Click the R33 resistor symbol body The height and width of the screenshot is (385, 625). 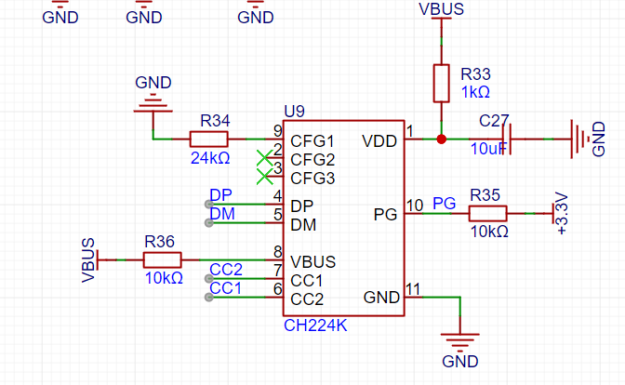coord(441,84)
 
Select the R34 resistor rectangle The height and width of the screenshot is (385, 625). coord(208,139)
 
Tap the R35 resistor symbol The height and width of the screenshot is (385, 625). coord(487,214)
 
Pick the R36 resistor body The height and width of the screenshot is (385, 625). coord(162,259)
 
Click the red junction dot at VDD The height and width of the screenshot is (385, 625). coord(441,139)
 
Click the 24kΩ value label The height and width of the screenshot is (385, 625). coord(210,158)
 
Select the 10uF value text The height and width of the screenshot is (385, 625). coord(488,149)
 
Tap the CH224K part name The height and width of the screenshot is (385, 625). coord(315,325)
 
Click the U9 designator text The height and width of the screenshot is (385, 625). coord(294,112)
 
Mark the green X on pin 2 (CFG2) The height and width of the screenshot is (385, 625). coord(265,158)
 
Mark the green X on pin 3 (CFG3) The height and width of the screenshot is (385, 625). coord(265,177)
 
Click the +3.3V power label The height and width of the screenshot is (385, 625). coord(562,214)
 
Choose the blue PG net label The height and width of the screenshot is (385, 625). coord(444,204)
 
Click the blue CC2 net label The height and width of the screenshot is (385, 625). coord(226,270)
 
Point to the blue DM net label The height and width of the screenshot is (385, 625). coord(222,214)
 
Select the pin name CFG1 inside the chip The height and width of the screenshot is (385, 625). coord(312,141)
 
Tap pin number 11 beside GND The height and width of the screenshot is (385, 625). coord(413,289)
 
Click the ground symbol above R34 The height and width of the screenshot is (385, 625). coord(153,103)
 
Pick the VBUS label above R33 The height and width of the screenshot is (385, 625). coord(441,9)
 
